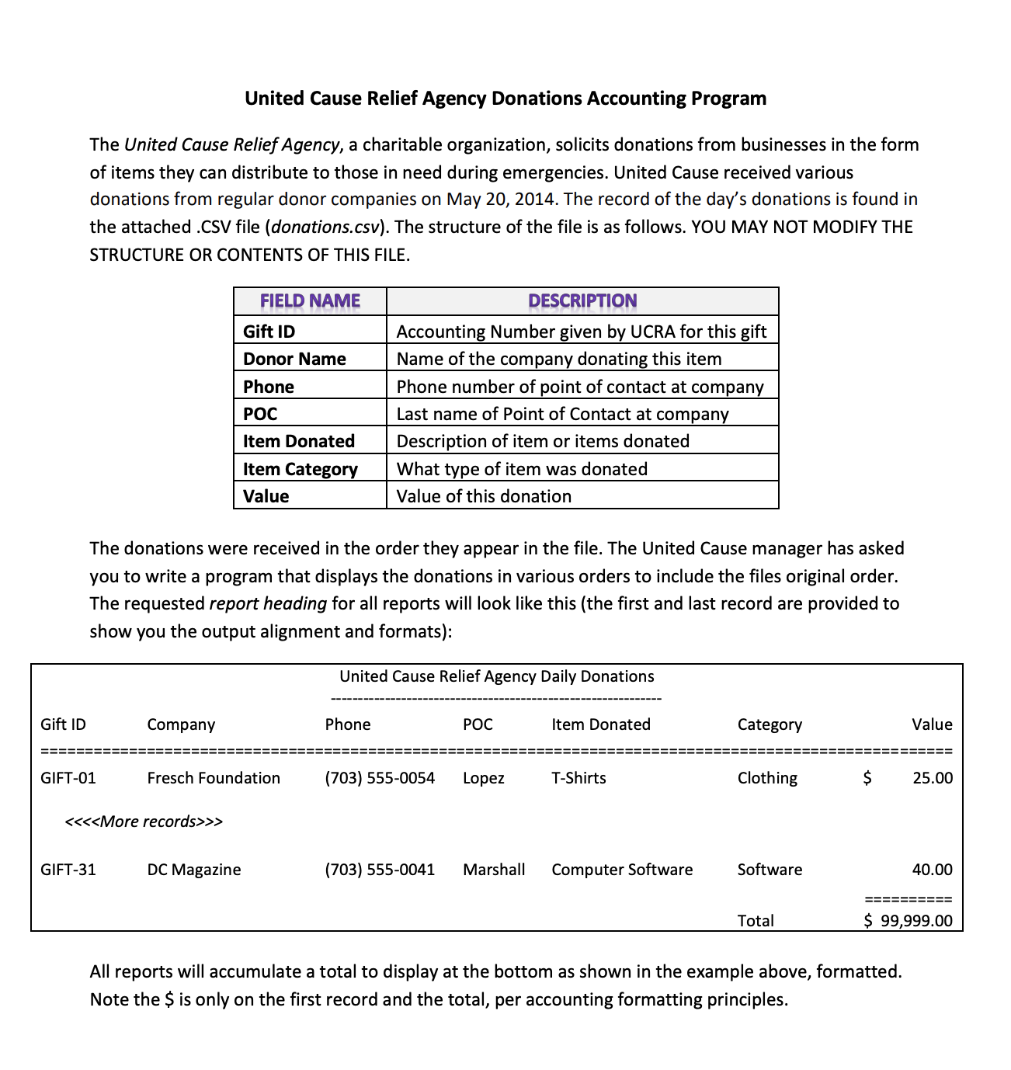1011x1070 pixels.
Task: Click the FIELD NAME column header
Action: click(x=310, y=301)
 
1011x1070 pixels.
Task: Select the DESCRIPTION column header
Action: click(x=582, y=301)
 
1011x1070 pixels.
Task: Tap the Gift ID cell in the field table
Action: click(x=269, y=332)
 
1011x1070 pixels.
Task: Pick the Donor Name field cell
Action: click(x=294, y=359)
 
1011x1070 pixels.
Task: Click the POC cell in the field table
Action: click(x=260, y=414)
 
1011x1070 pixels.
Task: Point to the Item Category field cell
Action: click(x=300, y=469)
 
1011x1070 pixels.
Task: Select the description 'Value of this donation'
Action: click(x=484, y=496)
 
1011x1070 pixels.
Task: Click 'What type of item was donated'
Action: click(x=522, y=469)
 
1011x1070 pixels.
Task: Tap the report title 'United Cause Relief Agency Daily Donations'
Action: click(x=497, y=676)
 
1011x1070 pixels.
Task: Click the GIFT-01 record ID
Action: click(x=68, y=778)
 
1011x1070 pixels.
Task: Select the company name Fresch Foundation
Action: click(x=214, y=778)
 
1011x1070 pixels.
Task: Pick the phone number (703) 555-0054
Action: click(x=380, y=778)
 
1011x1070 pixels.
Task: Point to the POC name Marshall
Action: click(x=494, y=870)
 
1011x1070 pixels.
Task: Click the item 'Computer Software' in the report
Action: click(x=622, y=870)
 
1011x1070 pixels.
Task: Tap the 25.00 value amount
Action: click(x=933, y=778)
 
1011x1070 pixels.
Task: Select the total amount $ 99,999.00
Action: click(x=909, y=921)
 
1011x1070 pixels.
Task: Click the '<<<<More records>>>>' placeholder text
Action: click(x=144, y=822)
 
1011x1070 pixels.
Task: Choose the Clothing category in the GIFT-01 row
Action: click(x=767, y=778)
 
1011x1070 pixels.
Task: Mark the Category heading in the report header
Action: click(x=770, y=724)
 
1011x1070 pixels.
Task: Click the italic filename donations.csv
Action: click(x=325, y=228)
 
